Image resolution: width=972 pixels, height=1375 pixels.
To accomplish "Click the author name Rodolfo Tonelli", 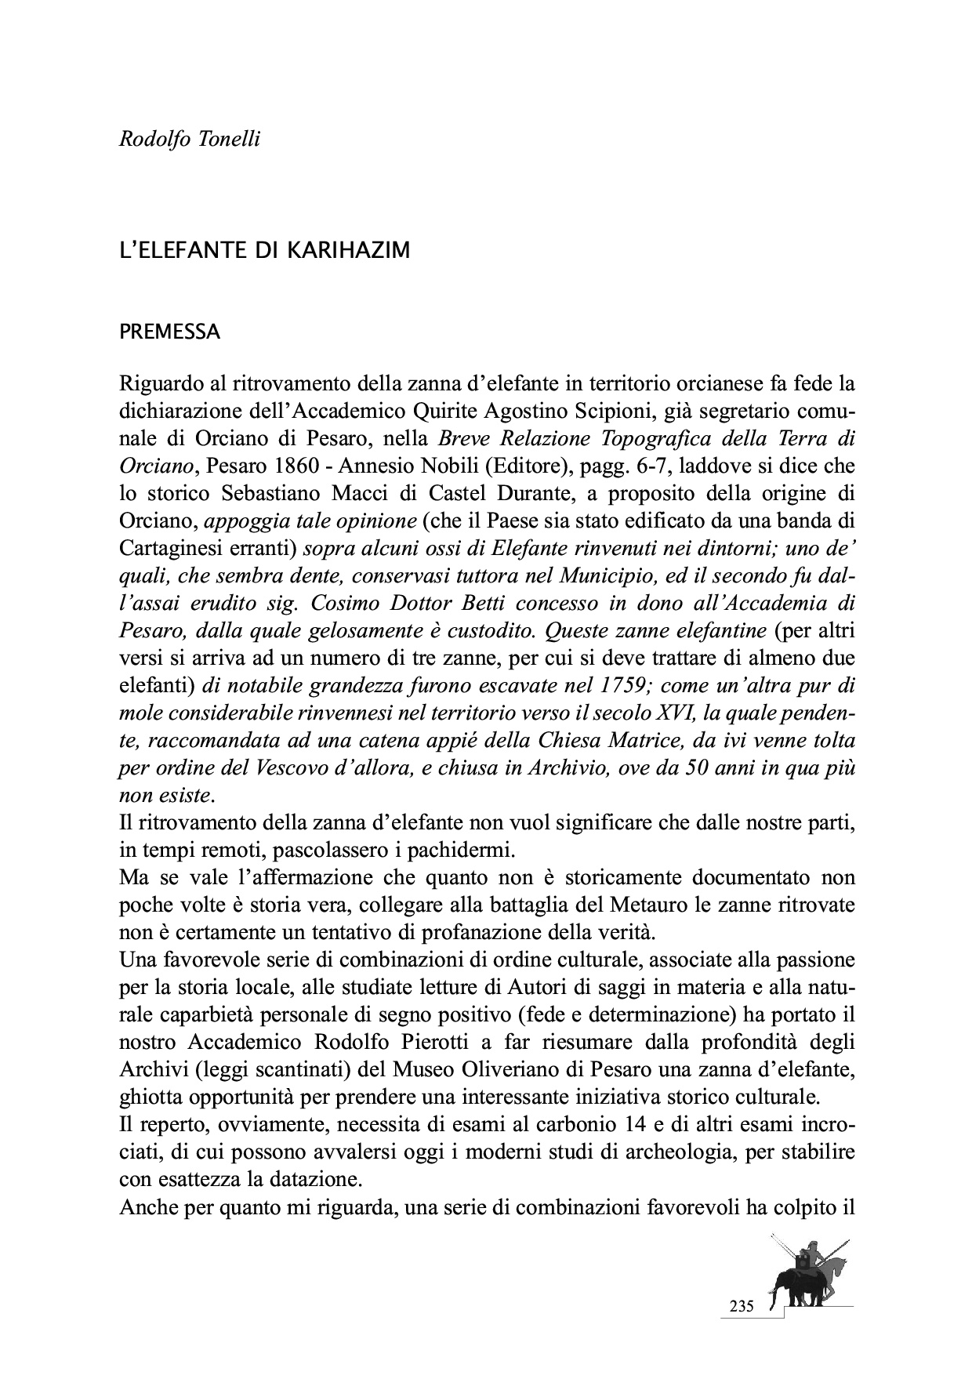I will point(189,140).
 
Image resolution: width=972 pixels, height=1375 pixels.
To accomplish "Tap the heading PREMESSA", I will point(169,332).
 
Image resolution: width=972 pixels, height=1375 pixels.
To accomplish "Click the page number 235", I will point(742,1306).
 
